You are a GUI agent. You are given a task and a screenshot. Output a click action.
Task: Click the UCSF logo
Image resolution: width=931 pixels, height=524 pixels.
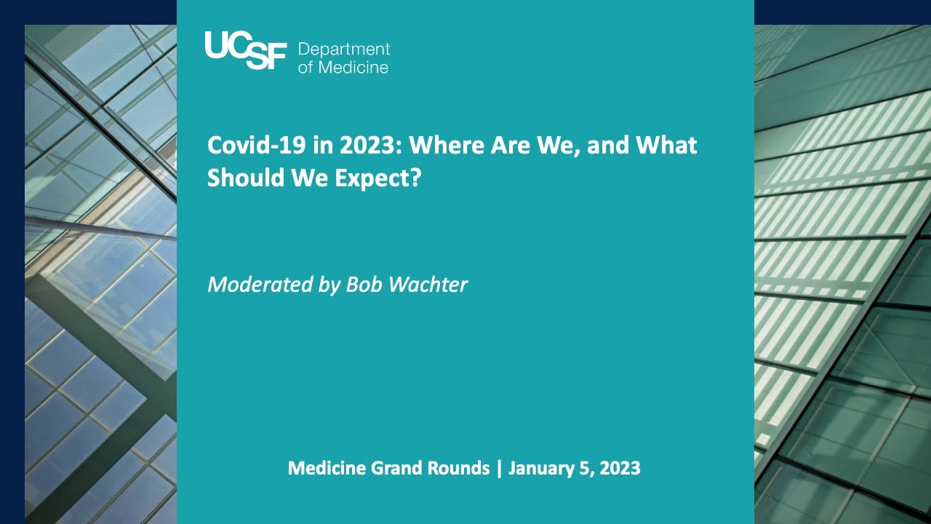tap(246, 50)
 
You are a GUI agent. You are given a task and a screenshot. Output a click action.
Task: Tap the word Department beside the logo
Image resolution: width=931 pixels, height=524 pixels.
tap(344, 49)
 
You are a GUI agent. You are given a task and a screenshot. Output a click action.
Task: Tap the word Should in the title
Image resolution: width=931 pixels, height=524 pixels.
tap(245, 178)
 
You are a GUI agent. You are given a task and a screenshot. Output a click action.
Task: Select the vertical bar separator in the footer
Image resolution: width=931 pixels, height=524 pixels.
tap(499, 469)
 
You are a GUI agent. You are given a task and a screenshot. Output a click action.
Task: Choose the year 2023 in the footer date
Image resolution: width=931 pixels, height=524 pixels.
tap(620, 468)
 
